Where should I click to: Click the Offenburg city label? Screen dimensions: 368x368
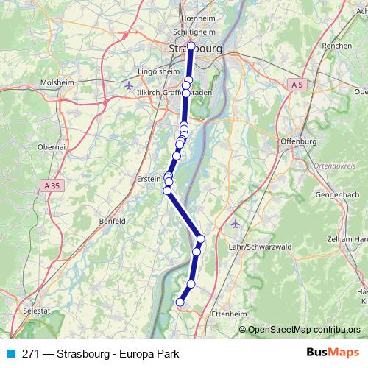[x=298, y=141]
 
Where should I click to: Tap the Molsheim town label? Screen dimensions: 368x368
[x=57, y=82]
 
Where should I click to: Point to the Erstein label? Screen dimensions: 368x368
[x=149, y=177]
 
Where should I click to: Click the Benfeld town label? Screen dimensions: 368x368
[x=113, y=220]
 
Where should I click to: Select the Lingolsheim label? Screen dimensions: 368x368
[x=159, y=72]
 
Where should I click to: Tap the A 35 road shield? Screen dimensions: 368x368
[x=51, y=184]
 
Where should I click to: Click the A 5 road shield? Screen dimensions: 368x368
[x=297, y=85]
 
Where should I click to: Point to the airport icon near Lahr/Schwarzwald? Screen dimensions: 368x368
[x=235, y=223]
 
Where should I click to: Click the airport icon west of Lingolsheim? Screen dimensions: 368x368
[x=130, y=85]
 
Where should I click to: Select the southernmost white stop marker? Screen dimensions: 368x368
[x=180, y=302]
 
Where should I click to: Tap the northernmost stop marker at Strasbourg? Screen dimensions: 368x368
[x=191, y=46]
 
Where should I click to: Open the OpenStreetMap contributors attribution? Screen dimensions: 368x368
[x=304, y=330]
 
